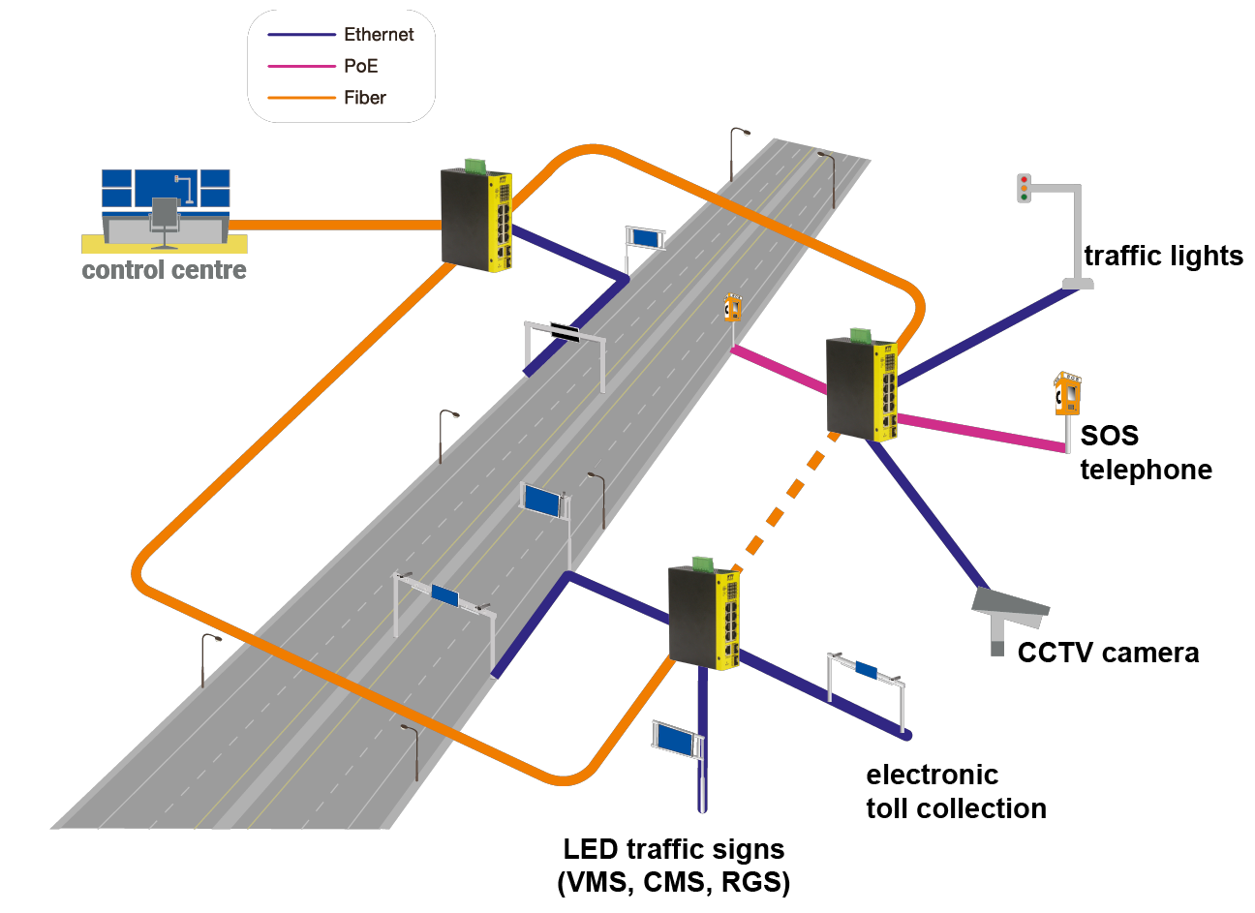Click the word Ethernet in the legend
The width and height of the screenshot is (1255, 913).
point(378,35)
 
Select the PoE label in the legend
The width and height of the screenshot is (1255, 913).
point(360,67)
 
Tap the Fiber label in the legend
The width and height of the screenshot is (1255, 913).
point(364,98)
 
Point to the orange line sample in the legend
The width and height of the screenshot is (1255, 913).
point(301,98)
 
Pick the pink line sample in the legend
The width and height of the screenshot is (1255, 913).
point(301,67)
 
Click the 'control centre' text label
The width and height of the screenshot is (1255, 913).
point(164,270)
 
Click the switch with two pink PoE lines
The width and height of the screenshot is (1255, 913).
point(861,387)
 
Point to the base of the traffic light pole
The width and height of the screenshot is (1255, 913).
point(1077,284)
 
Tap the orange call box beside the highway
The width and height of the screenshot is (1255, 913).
point(733,309)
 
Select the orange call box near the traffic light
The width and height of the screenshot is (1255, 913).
point(1067,396)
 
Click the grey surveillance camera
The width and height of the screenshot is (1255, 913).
point(1009,607)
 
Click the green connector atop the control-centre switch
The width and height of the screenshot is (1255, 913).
point(474,166)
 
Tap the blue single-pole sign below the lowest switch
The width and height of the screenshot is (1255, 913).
point(677,741)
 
